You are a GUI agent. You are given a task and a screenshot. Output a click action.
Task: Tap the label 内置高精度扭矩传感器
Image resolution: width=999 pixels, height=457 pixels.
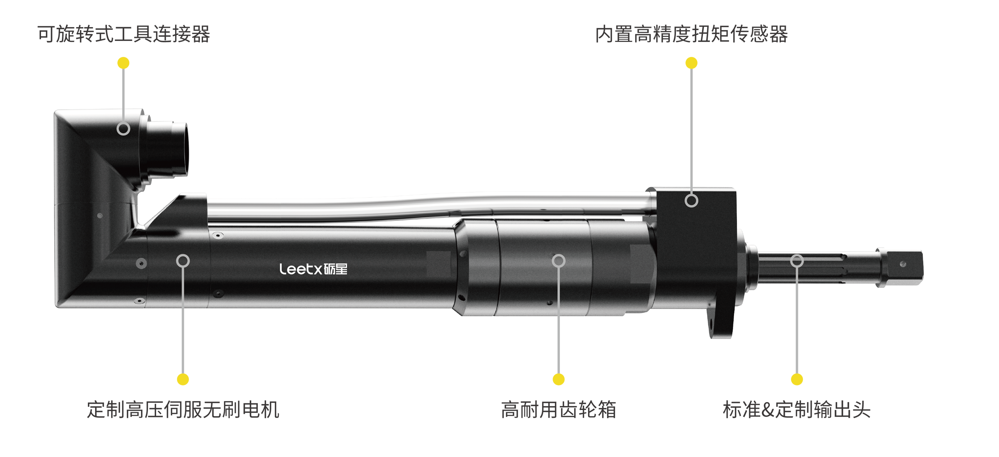[692, 34]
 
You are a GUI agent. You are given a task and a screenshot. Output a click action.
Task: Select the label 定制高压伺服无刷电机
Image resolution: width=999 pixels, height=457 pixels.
[183, 410]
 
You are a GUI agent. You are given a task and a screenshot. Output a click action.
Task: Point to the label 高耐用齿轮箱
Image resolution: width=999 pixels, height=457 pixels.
[558, 410]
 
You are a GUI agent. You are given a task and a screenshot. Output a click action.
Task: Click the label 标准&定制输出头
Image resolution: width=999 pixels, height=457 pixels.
[797, 410]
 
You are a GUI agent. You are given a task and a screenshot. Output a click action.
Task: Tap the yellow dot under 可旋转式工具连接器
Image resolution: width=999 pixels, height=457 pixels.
[123, 63]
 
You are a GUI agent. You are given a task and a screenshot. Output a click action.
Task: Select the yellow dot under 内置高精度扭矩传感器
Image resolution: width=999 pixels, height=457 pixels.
[692, 63]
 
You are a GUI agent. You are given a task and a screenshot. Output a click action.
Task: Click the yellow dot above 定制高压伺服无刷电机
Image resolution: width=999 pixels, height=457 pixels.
[183, 379]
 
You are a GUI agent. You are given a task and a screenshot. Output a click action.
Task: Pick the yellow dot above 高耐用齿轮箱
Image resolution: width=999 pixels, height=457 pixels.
[558, 379]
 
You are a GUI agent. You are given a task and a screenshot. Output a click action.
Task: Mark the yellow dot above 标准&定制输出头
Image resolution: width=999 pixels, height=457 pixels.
[797, 379]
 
